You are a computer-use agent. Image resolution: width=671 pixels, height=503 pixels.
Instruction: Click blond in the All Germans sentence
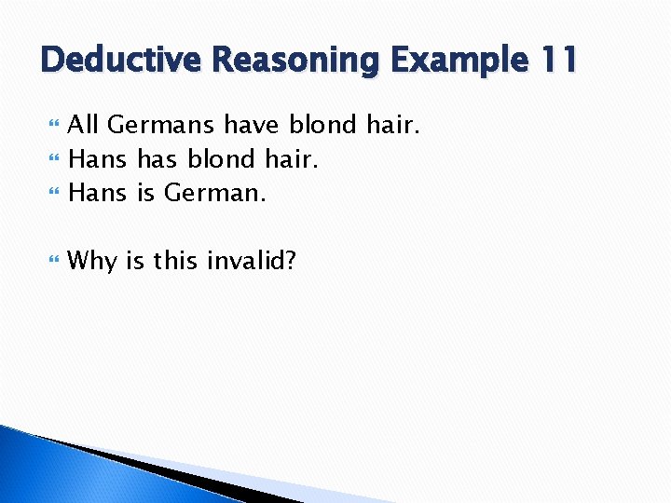tap(322, 124)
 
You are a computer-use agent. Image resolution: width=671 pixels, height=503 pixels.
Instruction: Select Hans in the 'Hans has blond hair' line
tap(98, 159)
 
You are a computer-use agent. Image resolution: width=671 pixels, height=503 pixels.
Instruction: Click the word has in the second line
tap(157, 159)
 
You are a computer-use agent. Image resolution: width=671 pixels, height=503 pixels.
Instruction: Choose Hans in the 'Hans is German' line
tap(98, 194)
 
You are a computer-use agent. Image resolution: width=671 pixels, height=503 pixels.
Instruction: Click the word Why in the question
tap(92, 261)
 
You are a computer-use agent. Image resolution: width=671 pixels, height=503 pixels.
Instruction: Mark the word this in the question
tap(175, 261)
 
